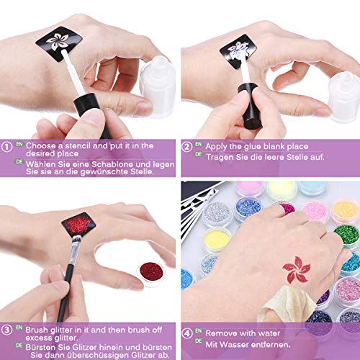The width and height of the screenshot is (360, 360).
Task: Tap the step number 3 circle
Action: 8,330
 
